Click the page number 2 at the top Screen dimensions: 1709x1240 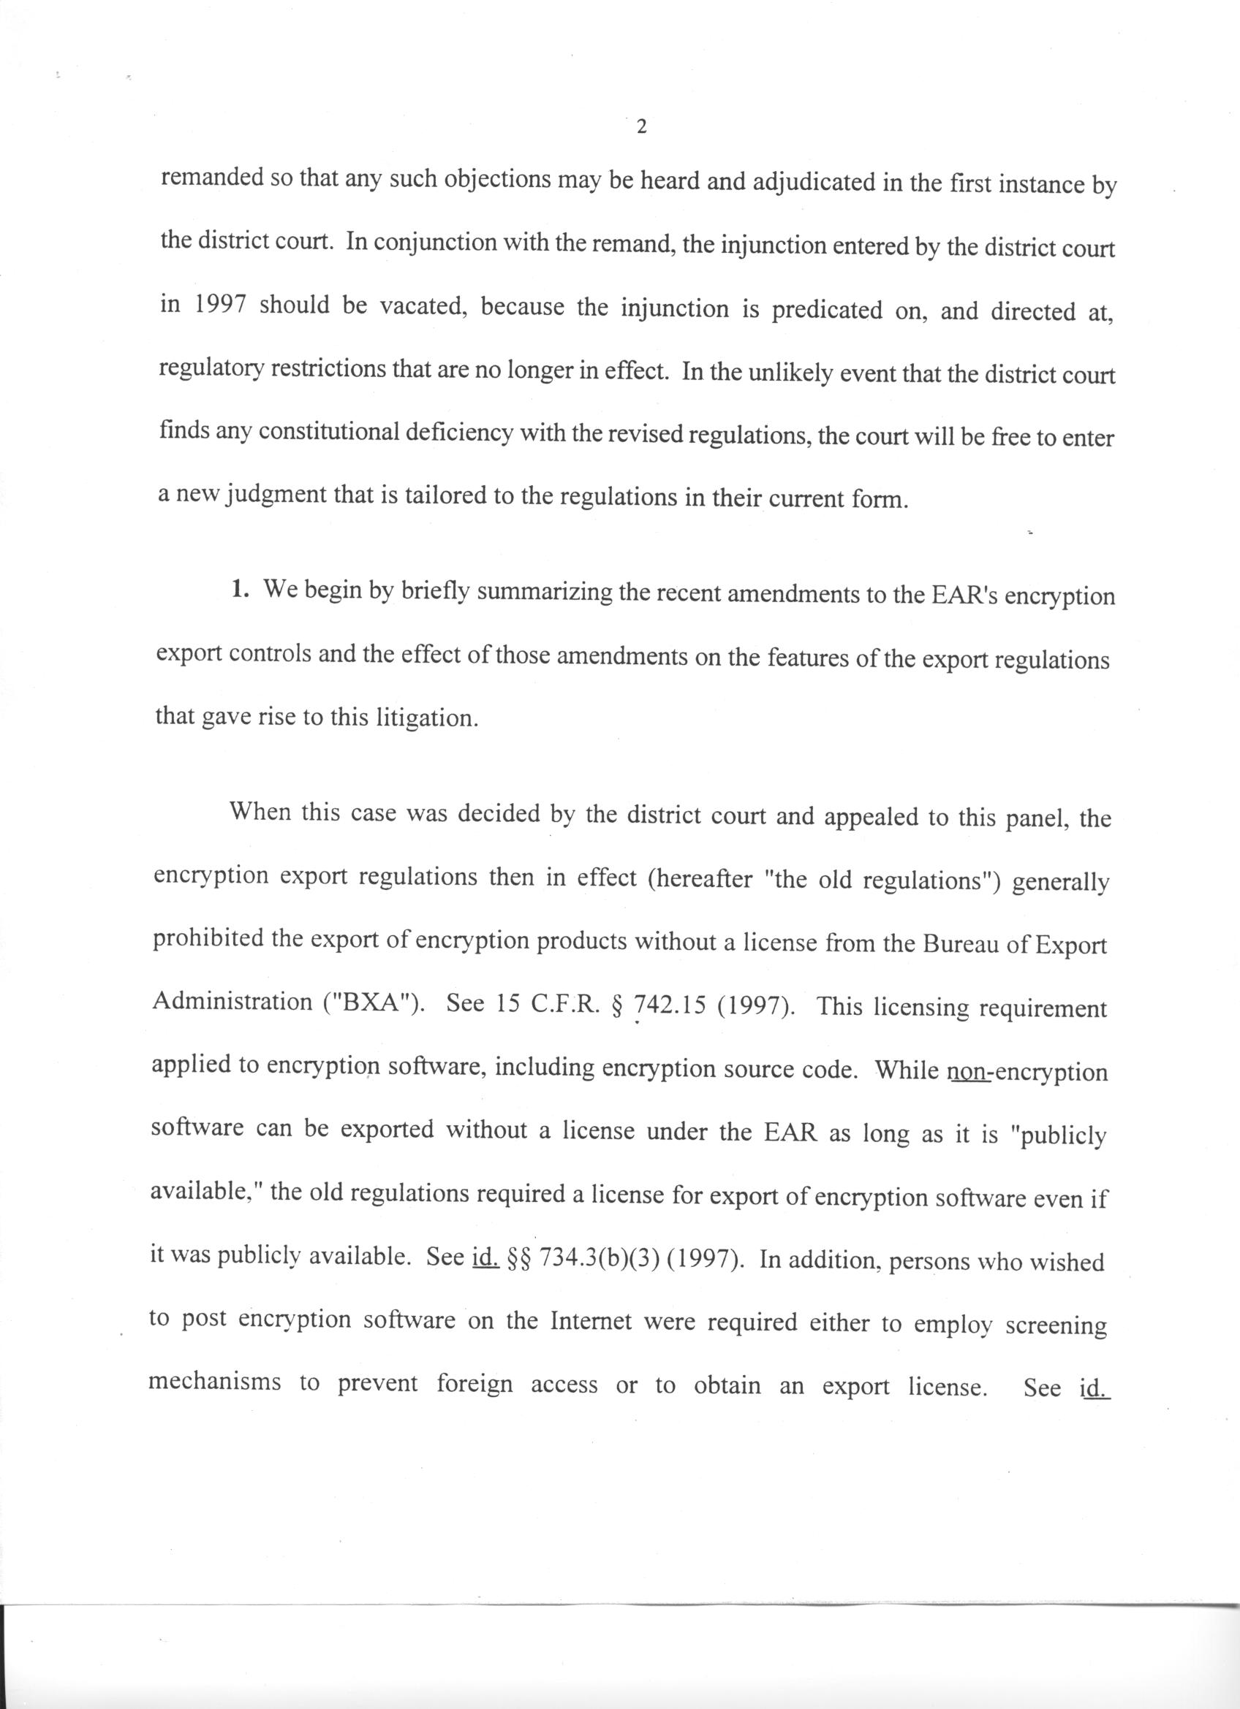coord(641,127)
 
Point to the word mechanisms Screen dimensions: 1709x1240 coord(215,1382)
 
